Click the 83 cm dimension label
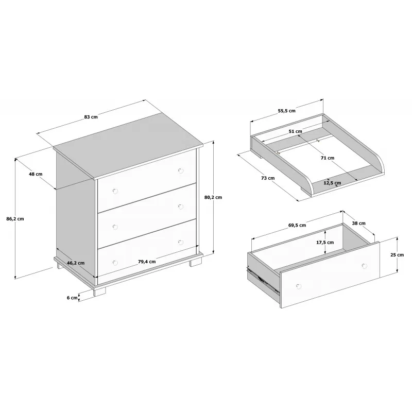pyautogui.click(x=91, y=117)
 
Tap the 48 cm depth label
pyautogui.click(x=36, y=174)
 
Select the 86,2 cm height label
pyautogui.click(x=15, y=218)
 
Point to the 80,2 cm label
pyautogui.click(x=213, y=197)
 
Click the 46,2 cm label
pyautogui.click(x=76, y=263)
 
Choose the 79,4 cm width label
pyautogui.click(x=147, y=262)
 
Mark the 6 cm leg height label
pyautogui.click(x=72, y=298)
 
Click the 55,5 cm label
pyautogui.click(x=287, y=111)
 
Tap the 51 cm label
pyautogui.click(x=295, y=131)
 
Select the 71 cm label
pyautogui.click(x=328, y=158)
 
